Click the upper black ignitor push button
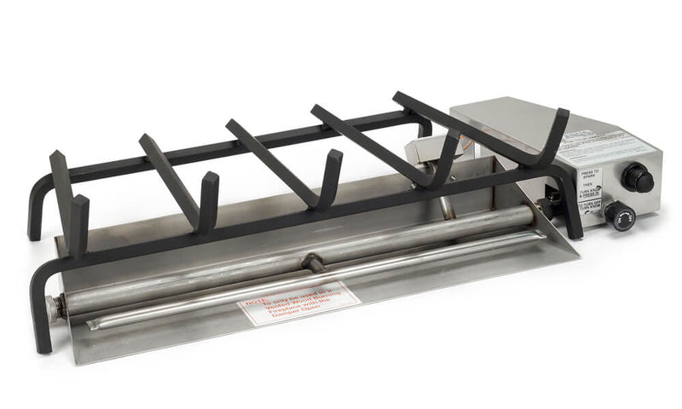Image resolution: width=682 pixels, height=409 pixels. (637, 178)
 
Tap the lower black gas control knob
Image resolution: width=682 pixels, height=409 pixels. (620, 216)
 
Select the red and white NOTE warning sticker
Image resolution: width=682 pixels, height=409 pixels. (295, 302)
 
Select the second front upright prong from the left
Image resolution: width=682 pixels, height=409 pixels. (208, 199)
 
